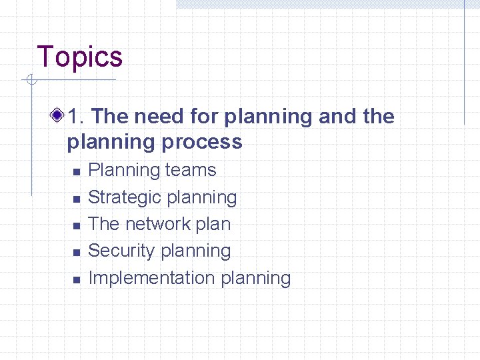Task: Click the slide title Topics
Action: coord(80,57)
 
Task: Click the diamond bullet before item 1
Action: coord(59,117)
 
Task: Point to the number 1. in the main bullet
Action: coord(76,117)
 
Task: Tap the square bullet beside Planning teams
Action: coord(77,172)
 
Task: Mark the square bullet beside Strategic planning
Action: coord(77,199)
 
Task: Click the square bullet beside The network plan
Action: coord(77,225)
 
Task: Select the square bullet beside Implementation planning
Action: coord(77,279)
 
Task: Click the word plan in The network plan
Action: coord(213,224)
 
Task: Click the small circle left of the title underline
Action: coord(29,81)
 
